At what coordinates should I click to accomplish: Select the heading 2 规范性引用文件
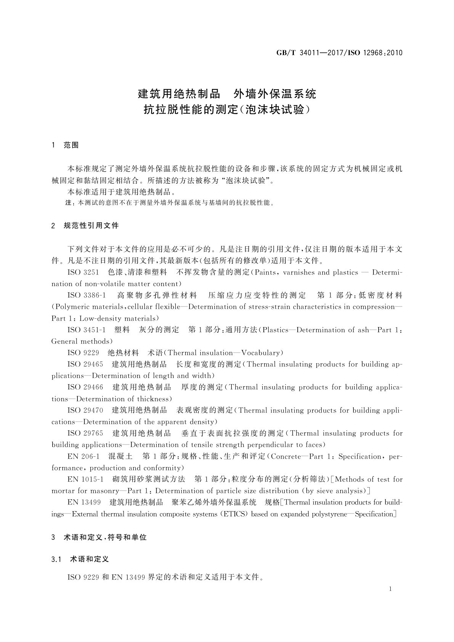point(85,226)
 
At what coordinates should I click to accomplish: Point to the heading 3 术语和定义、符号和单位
point(99,538)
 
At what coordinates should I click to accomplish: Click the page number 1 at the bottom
point(390,589)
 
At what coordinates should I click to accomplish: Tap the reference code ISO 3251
point(83,273)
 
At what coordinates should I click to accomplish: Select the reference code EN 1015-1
point(85,479)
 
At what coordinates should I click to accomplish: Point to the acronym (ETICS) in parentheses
point(235,514)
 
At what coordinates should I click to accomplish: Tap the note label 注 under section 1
point(69,203)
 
